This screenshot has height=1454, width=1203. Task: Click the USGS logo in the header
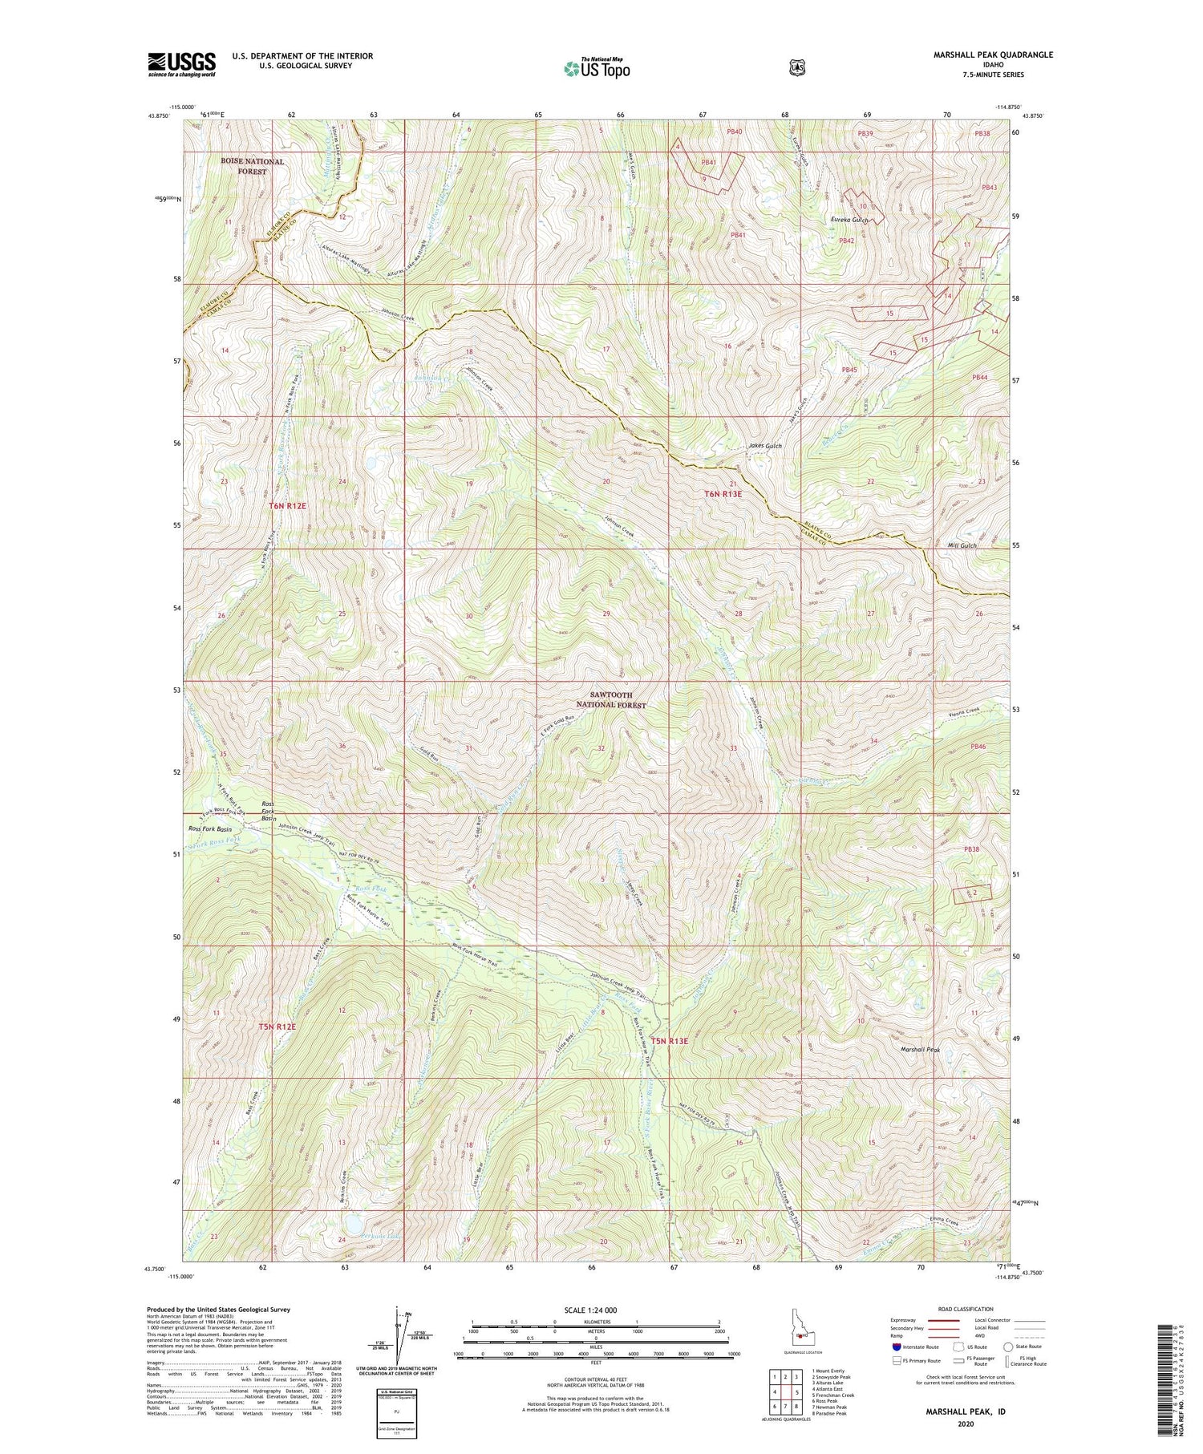[x=181, y=64]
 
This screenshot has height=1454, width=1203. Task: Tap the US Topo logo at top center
[x=597, y=68]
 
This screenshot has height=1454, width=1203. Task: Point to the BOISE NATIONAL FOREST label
[x=253, y=166]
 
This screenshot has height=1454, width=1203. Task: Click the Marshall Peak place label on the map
[x=919, y=1049]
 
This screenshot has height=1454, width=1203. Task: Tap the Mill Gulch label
[x=962, y=545]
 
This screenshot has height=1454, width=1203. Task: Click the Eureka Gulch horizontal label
[x=849, y=219]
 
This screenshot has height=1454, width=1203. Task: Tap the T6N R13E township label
[x=723, y=494]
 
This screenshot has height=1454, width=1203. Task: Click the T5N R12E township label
[x=277, y=1027]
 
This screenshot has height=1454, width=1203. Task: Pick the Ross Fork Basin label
[x=209, y=828]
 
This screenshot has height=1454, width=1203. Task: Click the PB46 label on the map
[x=977, y=747]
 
